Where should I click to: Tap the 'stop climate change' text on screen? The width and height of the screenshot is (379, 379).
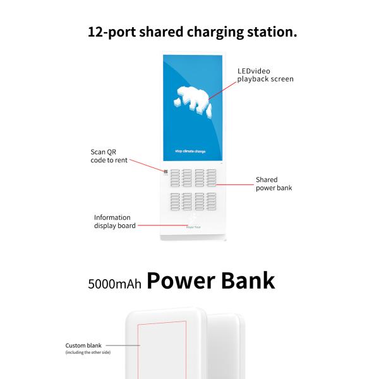point(189,152)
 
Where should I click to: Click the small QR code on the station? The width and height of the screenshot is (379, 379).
point(165,171)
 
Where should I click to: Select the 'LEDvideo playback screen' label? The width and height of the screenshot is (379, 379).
point(265,75)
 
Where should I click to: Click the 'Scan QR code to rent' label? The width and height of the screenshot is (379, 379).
point(109,156)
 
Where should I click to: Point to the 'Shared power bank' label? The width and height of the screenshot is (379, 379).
point(274,184)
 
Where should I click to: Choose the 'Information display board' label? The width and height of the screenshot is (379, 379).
point(114,222)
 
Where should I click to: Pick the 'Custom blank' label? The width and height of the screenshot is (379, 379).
point(83,346)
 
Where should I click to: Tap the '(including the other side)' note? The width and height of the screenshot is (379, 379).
point(88,352)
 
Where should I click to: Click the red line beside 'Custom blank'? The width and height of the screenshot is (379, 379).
point(126,346)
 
